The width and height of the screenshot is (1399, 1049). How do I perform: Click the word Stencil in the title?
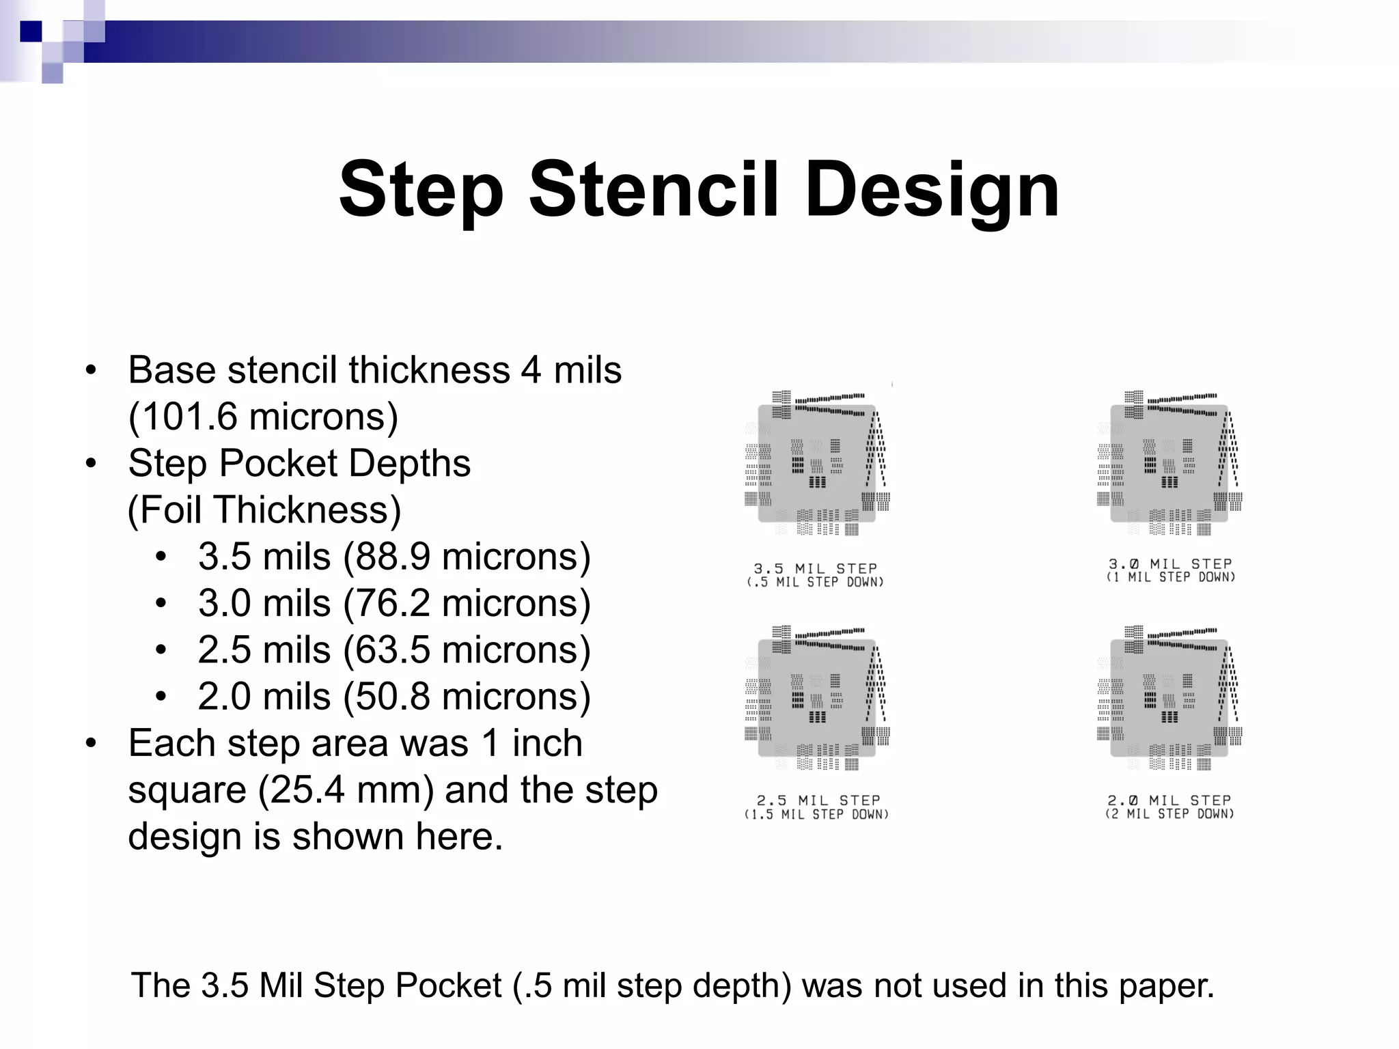pos(653,188)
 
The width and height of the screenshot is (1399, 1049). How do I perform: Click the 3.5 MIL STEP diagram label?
pos(815,568)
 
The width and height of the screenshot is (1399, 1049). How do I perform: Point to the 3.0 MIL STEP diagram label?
pos(1170,564)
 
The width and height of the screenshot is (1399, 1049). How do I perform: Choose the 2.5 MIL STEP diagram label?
pos(818,800)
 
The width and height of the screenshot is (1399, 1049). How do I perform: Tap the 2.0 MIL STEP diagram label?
pos(1169,800)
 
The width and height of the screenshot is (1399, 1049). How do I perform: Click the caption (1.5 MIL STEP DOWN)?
pos(816,815)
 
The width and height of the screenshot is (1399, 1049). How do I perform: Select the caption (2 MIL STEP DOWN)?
pos(1169,814)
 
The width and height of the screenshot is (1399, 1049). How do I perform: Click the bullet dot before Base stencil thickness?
pos(91,371)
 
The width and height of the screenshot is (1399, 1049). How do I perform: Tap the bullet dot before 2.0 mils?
pos(161,697)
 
